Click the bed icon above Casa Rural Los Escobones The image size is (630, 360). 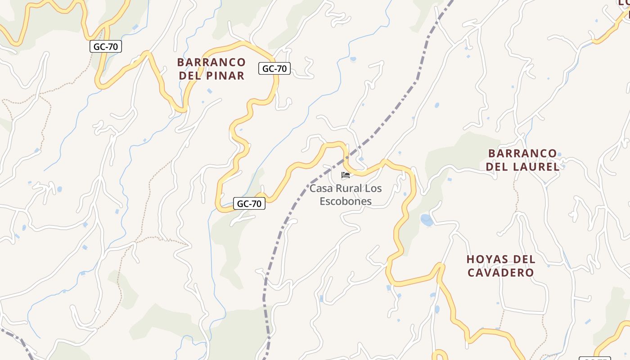pos(346,175)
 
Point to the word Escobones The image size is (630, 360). pos(346,201)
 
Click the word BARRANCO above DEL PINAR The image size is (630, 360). pos(211,63)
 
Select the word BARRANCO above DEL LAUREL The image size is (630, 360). pos(522,153)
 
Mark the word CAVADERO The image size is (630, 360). pos(501,273)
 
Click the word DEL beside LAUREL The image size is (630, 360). pos(497,167)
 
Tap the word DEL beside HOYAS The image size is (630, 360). pos(525,260)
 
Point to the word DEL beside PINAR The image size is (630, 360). pos(189,76)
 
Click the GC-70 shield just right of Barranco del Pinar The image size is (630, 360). pos(274,69)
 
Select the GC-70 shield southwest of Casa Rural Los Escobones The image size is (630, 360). pos(249,204)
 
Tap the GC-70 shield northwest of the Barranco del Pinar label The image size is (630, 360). pos(106,46)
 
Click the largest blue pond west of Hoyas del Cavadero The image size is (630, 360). pos(427,220)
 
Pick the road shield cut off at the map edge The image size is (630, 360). pos(594,358)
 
